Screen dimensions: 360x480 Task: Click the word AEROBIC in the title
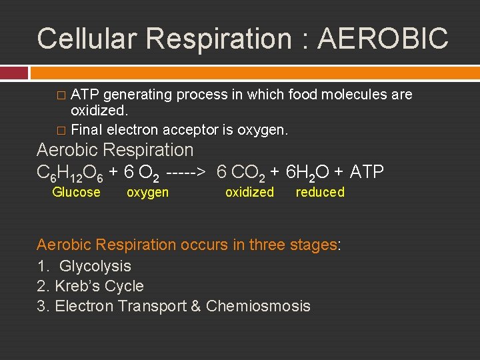383,39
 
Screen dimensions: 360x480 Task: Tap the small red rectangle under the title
14,73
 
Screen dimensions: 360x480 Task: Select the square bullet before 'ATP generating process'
63,95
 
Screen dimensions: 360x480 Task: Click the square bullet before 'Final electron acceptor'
63,130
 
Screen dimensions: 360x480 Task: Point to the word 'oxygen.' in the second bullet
267,129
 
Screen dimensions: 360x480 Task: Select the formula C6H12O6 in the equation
69,173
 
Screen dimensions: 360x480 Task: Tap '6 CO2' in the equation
241,173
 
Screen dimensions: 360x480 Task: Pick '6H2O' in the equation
307,173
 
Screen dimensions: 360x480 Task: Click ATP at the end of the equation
367,173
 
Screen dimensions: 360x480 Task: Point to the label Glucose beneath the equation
76,193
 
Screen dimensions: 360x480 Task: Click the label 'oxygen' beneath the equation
147,193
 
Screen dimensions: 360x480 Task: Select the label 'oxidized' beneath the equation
249,193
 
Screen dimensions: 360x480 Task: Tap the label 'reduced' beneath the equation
320,193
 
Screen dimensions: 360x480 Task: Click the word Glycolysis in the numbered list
95,266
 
